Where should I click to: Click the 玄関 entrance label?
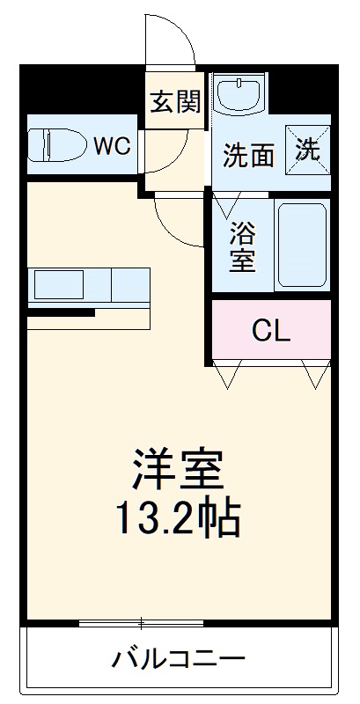point(175,102)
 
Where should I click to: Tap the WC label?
point(114,146)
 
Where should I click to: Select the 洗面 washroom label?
point(247,156)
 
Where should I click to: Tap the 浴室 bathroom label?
point(242,247)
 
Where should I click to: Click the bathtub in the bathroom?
point(302,244)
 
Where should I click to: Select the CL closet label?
point(270,331)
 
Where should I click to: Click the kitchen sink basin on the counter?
point(59,285)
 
